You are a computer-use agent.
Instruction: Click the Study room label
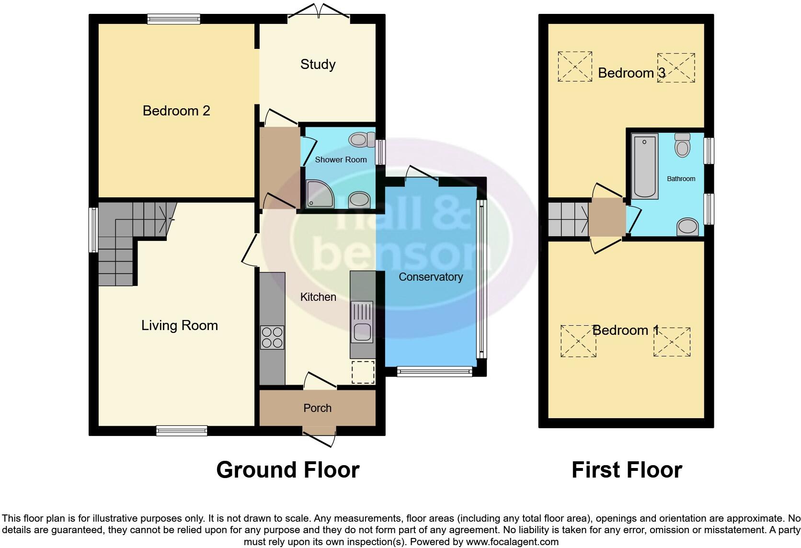click(x=318, y=64)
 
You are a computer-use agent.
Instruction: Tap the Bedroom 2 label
click(x=176, y=111)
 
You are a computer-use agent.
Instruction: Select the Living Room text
click(x=179, y=326)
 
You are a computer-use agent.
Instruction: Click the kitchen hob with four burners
click(x=272, y=337)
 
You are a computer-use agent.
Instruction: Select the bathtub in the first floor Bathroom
click(x=645, y=166)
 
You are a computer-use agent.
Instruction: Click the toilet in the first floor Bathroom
click(x=682, y=145)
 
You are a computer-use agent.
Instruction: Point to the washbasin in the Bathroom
click(x=688, y=227)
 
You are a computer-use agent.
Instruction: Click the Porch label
click(x=317, y=408)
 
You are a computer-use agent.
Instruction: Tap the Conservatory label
click(x=431, y=277)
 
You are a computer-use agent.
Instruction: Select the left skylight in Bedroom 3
click(x=575, y=66)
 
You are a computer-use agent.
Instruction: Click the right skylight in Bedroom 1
click(x=672, y=342)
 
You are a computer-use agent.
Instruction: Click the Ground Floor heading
click(x=287, y=470)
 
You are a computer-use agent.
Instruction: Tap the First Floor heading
click(x=627, y=470)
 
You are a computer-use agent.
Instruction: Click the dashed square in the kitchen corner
click(x=363, y=373)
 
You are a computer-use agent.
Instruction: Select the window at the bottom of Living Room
click(x=182, y=431)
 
